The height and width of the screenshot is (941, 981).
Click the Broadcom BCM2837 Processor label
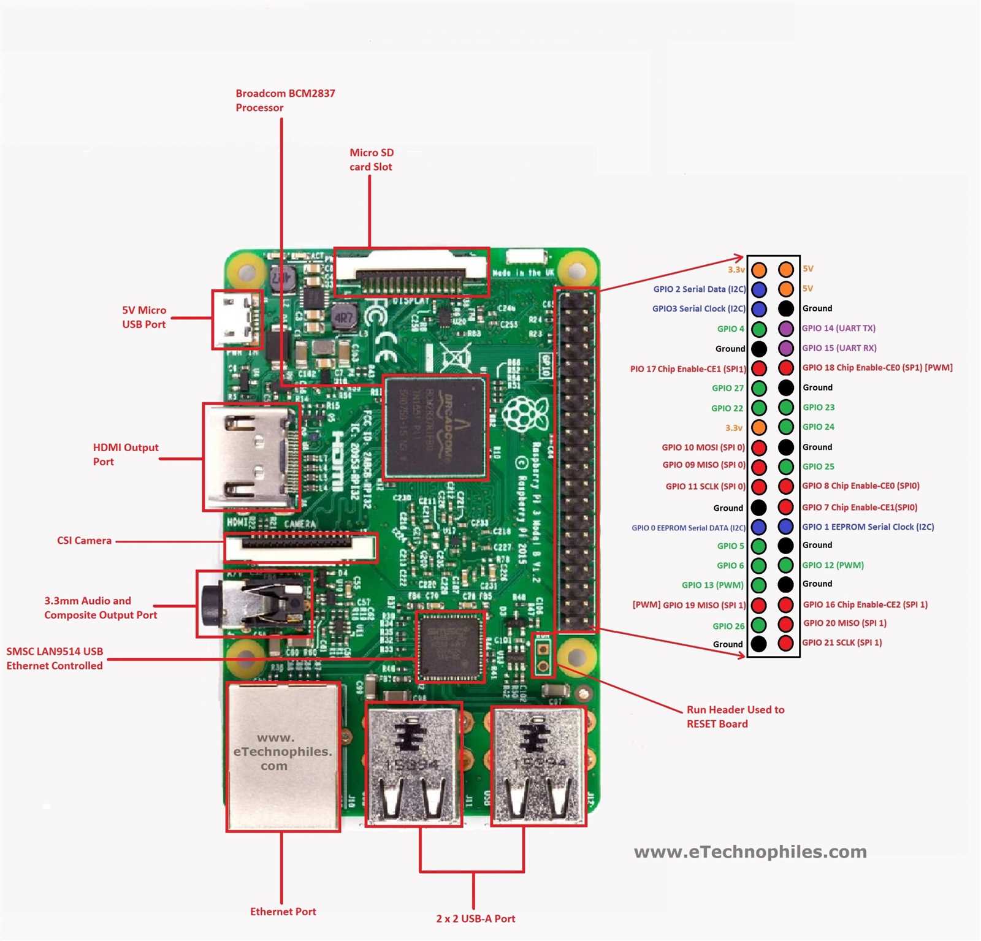point(284,101)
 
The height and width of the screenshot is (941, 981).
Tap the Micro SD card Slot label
point(371,159)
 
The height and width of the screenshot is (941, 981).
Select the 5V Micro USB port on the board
point(237,319)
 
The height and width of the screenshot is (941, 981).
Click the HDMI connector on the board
point(251,457)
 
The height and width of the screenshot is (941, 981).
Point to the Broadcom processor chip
point(435,427)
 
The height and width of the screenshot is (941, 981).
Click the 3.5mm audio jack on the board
point(254,604)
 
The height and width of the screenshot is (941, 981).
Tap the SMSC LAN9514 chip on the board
point(450,646)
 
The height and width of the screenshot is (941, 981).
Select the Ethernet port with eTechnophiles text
point(283,756)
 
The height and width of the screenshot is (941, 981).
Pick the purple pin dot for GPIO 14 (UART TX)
point(786,329)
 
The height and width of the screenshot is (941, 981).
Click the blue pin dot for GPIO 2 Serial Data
point(759,289)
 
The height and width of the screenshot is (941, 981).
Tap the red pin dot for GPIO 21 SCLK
point(786,643)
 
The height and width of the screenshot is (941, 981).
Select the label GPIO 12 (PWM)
point(833,565)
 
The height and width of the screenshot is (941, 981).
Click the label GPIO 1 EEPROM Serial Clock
point(868,527)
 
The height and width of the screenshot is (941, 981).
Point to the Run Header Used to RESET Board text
point(735,717)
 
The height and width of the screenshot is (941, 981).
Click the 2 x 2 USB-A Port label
point(475,918)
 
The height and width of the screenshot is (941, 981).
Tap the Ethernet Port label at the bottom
point(283,912)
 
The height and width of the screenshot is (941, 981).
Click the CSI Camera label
point(84,541)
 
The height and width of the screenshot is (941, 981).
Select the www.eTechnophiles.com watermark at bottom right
point(750,851)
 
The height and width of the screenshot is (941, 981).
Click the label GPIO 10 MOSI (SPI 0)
point(703,448)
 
